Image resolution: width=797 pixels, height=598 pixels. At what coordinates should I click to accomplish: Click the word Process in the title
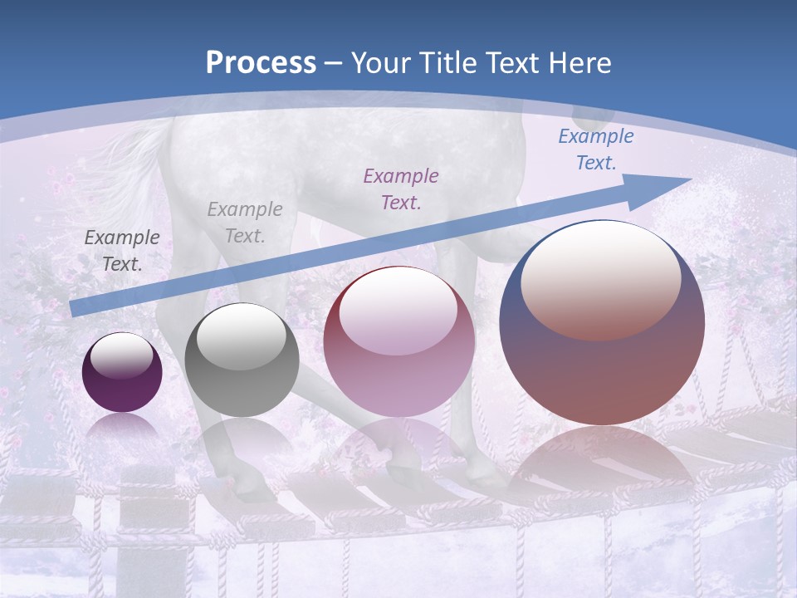pyautogui.click(x=261, y=62)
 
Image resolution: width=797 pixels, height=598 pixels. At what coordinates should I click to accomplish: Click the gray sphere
pyautogui.click(x=242, y=374)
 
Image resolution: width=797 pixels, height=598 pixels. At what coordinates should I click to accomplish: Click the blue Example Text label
pyautogui.click(x=595, y=149)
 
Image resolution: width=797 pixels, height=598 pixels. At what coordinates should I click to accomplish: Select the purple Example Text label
pyautogui.click(x=401, y=189)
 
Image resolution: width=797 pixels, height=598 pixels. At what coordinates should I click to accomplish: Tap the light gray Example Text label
pyautogui.click(x=245, y=223)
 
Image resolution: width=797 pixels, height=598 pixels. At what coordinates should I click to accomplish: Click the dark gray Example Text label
pyautogui.click(x=122, y=250)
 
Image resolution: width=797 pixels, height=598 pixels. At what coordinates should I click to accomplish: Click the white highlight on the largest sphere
pyautogui.click(x=600, y=278)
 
